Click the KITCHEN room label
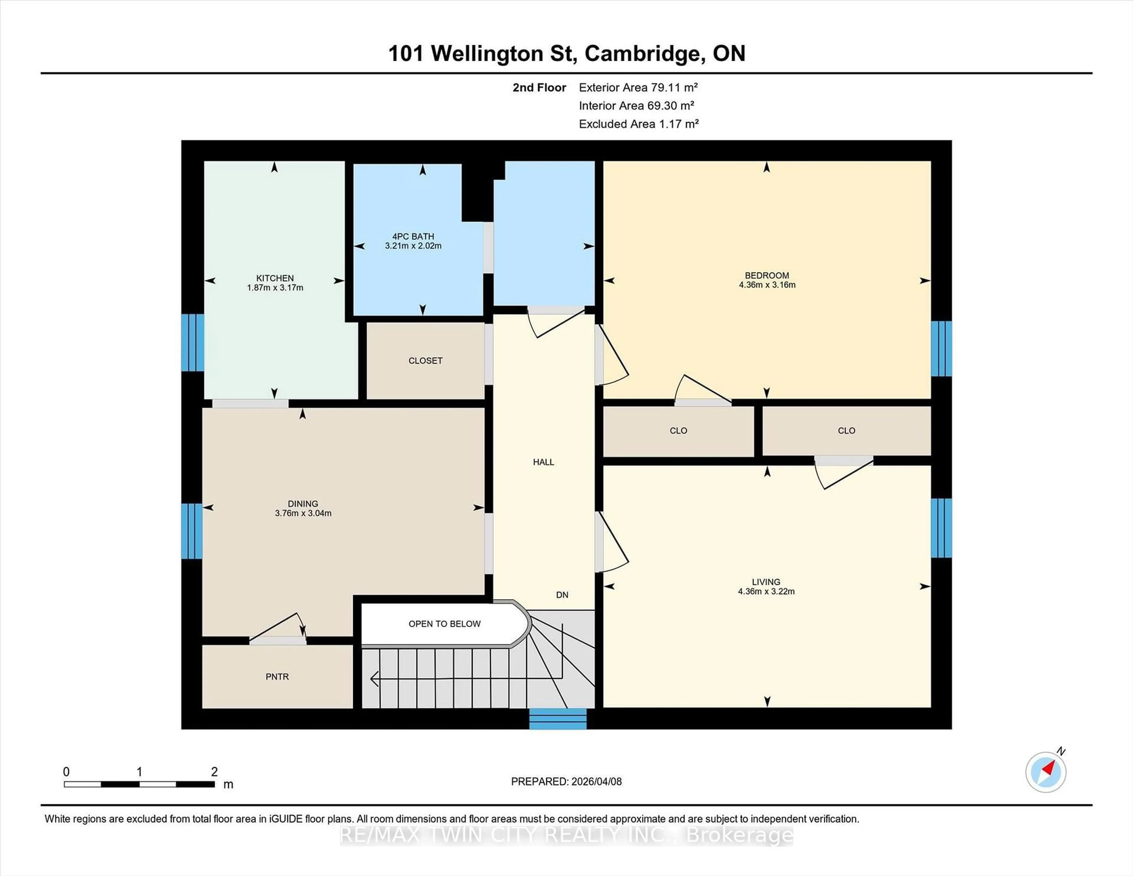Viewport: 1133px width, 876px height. pos(275,278)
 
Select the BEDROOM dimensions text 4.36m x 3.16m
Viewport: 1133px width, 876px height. pos(767,285)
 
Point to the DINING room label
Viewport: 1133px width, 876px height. pos(303,504)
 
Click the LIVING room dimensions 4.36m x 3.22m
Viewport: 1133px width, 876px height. pos(766,591)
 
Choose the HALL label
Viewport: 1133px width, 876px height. pos(543,462)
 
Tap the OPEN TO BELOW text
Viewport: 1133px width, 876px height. pos(445,624)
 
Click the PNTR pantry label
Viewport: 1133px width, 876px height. pos(277,677)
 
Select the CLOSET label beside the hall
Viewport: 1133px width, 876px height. pos(425,361)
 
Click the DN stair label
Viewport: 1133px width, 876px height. pos(562,595)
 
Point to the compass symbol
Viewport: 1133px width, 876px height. pos(1045,772)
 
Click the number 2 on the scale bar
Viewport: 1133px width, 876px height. pos(214,772)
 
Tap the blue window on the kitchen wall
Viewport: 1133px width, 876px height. pos(192,342)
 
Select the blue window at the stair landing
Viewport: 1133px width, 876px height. pos(558,719)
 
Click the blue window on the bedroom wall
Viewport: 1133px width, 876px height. pos(941,348)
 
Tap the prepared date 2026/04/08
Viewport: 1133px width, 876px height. pos(595,782)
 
